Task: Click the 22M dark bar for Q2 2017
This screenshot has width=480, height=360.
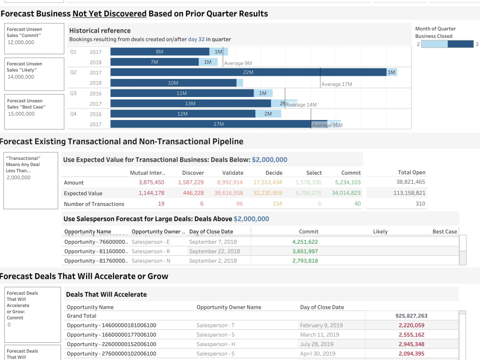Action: (248, 72)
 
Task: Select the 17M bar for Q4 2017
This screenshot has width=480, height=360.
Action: (218, 124)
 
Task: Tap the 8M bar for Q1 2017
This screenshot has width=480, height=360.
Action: (160, 51)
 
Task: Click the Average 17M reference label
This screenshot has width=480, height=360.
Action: (336, 84)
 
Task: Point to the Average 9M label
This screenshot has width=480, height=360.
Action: (238, 63)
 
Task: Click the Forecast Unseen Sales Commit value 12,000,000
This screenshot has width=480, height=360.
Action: (21, 42)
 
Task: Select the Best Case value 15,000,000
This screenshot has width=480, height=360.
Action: (21, 114)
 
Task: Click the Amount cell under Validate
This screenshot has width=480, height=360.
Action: (230, 182)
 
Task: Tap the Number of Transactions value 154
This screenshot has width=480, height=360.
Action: (277, 204)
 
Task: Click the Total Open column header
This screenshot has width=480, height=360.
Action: (411, 172)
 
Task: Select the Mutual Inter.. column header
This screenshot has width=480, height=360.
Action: (147, 173)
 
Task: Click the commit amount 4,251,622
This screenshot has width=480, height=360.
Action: (305, 242)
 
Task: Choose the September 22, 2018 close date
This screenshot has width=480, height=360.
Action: (214, 251)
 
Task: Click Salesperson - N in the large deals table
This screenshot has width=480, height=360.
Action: (151, 261)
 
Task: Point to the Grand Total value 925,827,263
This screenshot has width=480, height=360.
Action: (411, 316)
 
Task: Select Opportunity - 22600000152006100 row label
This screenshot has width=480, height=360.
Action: (111, 344)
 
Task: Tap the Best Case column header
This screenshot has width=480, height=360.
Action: (444, 231)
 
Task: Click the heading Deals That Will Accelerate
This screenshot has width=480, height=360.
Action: (106, 294)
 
